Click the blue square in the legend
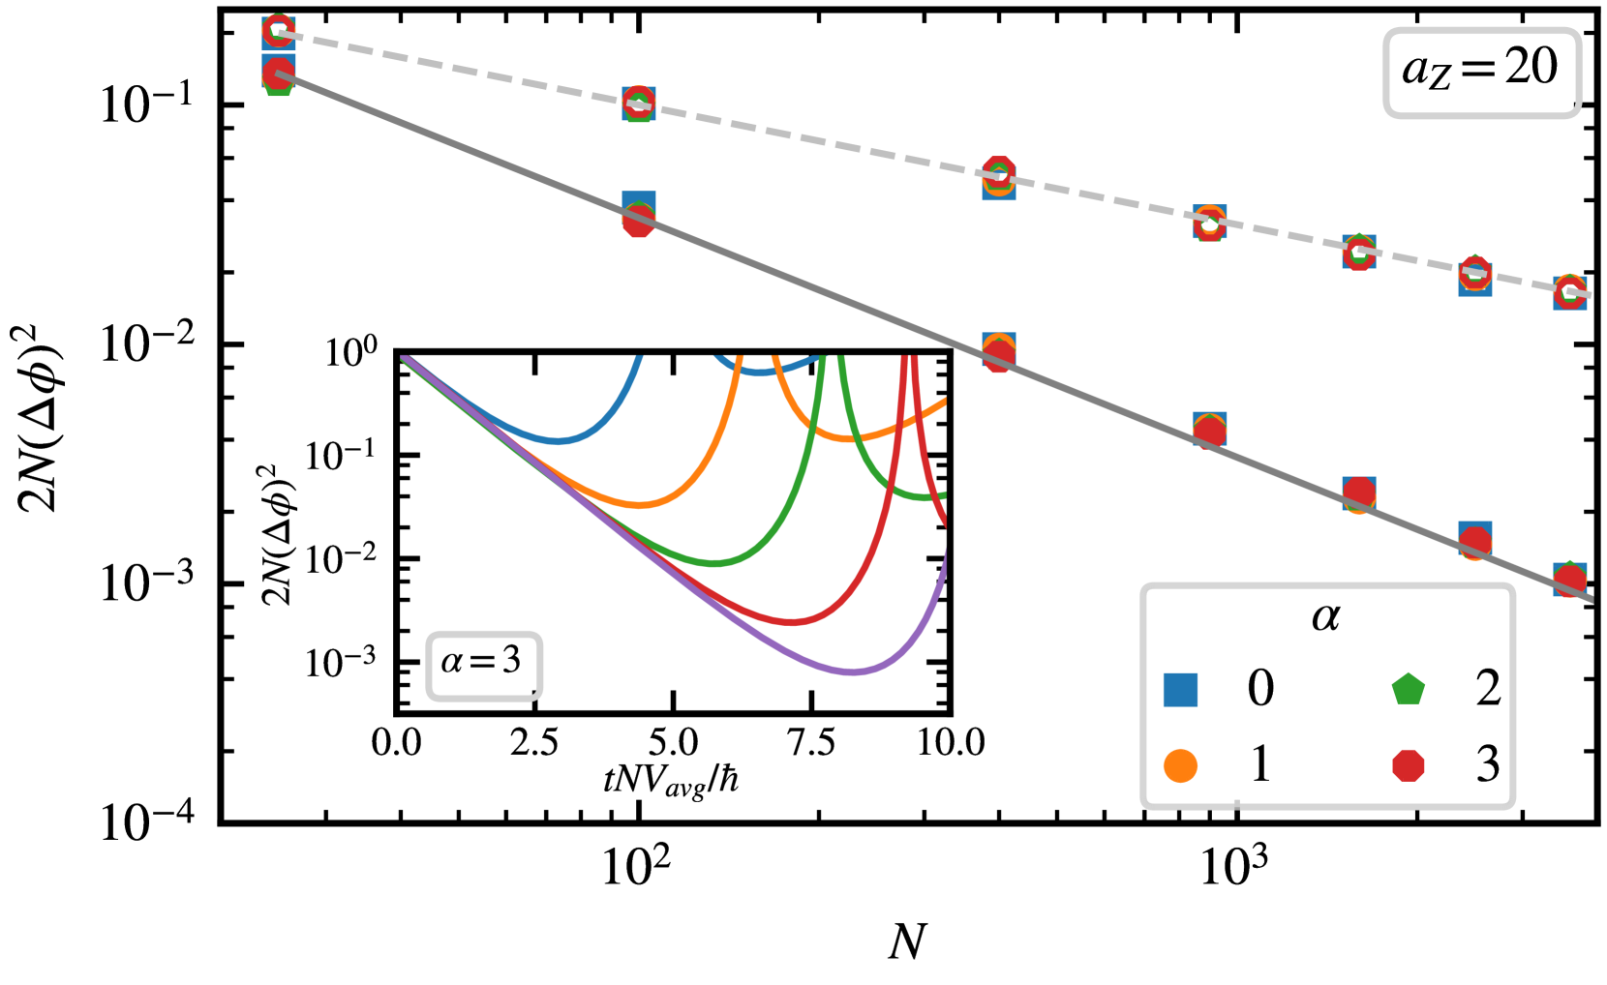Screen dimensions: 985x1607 (x=1180, y=690)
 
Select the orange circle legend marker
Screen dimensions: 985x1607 (x=1180, y=765)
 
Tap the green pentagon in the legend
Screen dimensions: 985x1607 (x=1408, y=690)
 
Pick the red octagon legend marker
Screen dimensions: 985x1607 (x=1408, y=765)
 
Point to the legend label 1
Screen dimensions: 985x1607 (x=1260, y=764)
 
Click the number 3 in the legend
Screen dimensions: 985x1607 (x=1488, y=764)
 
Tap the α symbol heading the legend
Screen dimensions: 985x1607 (x=1326, y=617)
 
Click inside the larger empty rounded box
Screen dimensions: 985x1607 (x=1481, y=74)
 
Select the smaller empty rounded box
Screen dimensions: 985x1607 (x=484, y=666)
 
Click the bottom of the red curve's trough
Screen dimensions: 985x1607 (x=792, y=622)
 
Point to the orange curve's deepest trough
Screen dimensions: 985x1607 (x=638, y=504)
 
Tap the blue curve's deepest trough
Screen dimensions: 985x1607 (x=558, y=442)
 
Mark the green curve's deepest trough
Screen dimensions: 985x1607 (x=713, y=562)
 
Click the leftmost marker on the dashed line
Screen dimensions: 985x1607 (x=278, y=32)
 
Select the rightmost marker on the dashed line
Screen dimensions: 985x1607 (x=1569, y=292)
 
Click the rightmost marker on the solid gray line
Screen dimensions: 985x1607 (x=1569, y=580)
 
